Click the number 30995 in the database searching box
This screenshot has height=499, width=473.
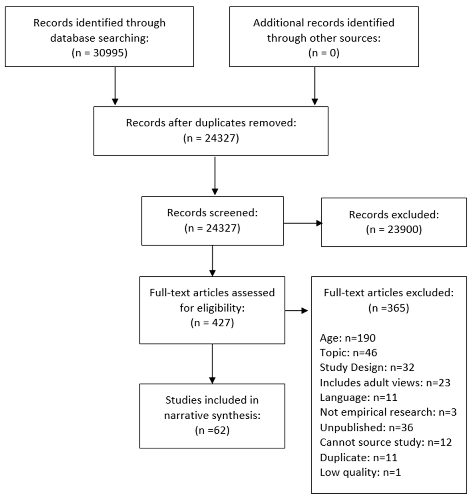(x=108, y=53)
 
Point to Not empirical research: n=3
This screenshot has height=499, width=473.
(x=388, y=412)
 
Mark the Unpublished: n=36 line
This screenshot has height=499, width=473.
(x=366, y=427)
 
